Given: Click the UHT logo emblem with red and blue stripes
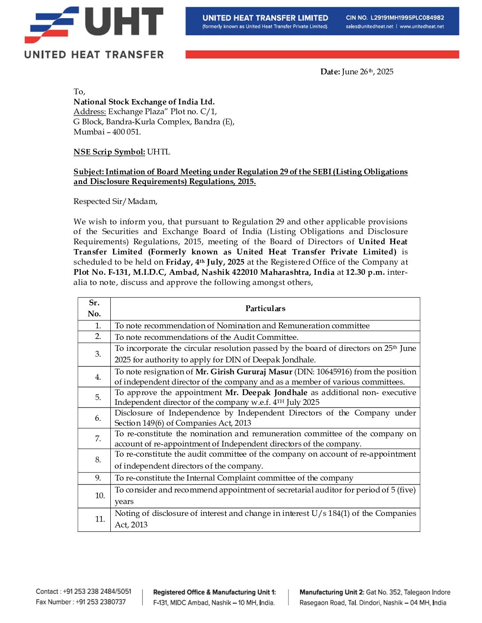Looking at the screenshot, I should tap(51, 25).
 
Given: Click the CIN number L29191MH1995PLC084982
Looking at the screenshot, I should tap(407, 18).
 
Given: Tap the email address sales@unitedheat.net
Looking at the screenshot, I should tap(369, 27).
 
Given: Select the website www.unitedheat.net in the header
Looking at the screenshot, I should tap(422, 27).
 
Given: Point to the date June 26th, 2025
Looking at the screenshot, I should tap(367, 72).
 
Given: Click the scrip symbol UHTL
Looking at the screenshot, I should tap(159, 152).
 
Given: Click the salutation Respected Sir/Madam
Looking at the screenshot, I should tap(115, 201).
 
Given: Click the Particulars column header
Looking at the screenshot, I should tap(265, 308).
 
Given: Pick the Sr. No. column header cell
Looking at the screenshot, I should tap(94, 308).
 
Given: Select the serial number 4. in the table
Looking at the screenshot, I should tap(98, 377).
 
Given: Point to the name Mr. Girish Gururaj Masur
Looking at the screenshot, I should tap(244, 372).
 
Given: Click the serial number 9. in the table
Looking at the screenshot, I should tap(98, 478).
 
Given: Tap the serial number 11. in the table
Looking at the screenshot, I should tap(100, 519).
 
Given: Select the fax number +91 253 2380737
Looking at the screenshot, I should tap(101, 602).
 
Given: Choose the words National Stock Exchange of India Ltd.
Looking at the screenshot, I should tap(144, 102).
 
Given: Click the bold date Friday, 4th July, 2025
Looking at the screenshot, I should tap(205, 262).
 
